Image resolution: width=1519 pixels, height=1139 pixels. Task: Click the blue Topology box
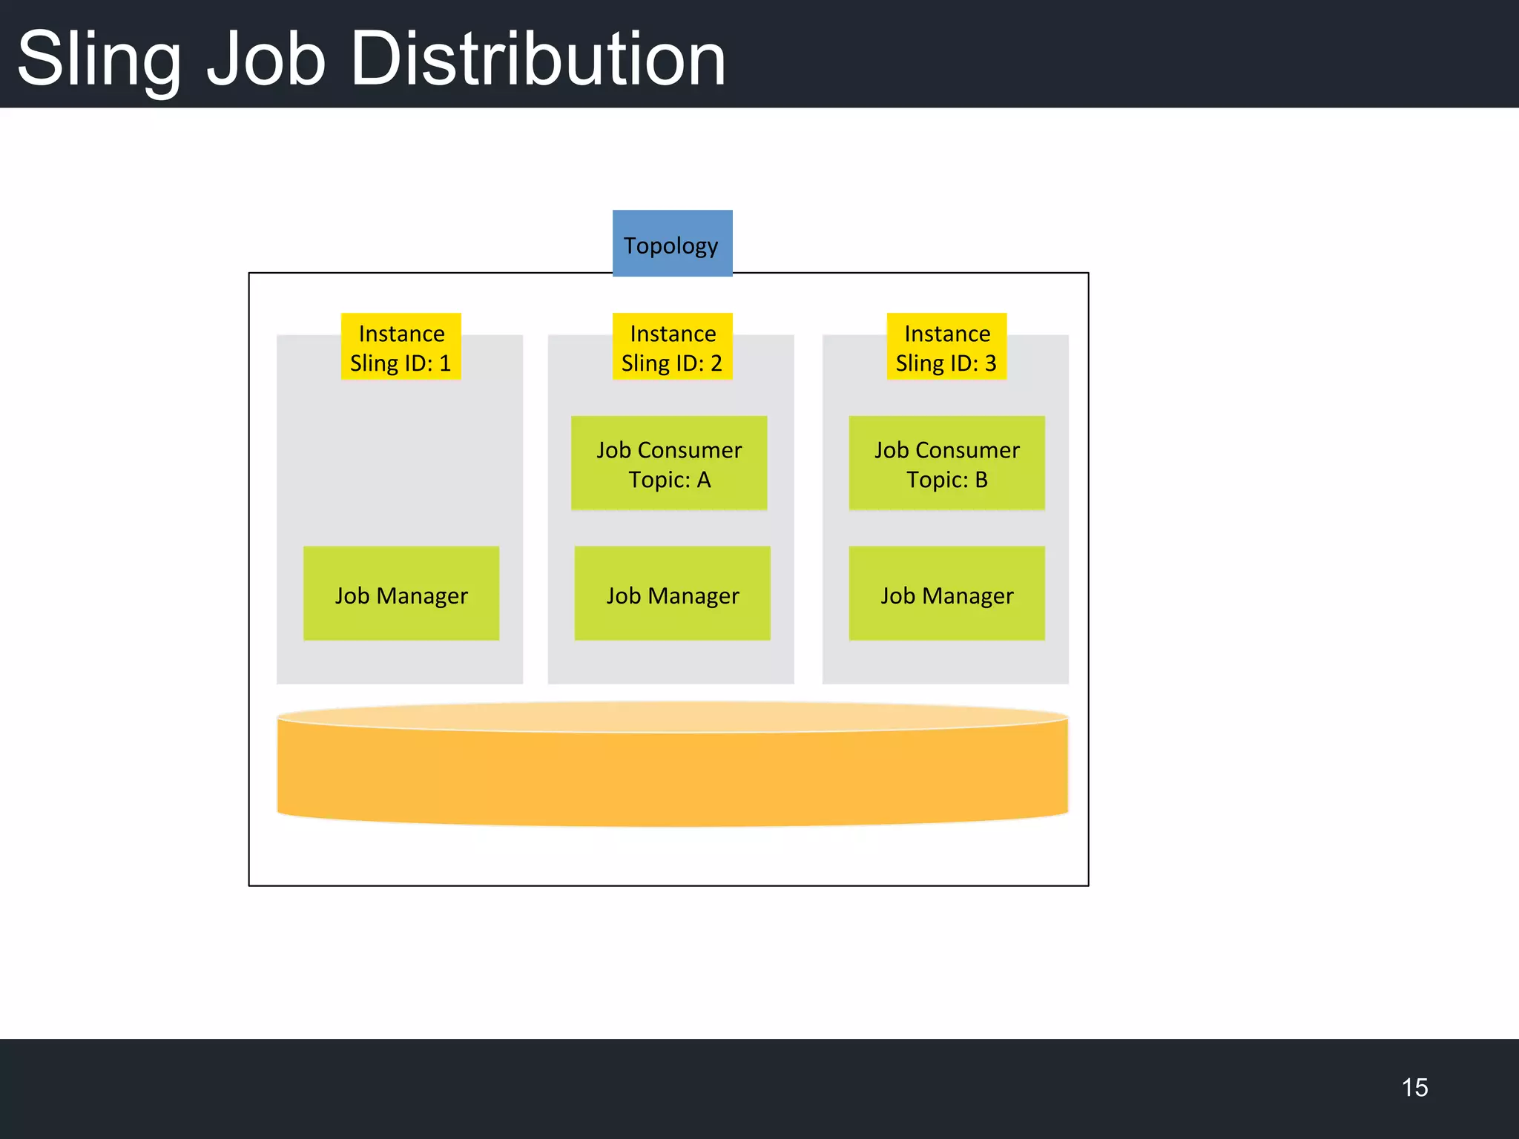(672, 243)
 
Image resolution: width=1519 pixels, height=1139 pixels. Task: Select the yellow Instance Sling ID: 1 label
(401, 346)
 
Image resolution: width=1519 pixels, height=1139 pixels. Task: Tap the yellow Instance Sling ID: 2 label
(672, 346)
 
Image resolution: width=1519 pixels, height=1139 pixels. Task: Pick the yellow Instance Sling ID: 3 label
(946, 346)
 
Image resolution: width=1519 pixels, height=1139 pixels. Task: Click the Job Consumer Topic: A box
(669, 463)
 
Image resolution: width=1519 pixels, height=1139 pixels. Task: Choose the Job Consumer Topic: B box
(946, 463)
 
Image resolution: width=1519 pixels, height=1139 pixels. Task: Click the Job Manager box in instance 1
(401, 593)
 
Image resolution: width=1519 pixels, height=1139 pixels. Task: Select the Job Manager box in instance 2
(672, 593)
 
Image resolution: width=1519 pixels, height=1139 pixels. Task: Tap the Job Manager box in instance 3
(946, 593)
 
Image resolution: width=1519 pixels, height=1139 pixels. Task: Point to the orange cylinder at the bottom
(672, 771)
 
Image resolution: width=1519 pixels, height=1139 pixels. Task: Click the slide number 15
(1414, 1088)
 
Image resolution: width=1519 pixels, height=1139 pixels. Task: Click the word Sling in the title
(99, 59)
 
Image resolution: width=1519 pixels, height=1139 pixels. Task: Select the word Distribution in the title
(538, 59)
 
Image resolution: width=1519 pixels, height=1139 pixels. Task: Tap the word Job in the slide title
(266, 59)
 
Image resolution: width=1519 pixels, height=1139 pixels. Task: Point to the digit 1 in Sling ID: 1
(445, 363)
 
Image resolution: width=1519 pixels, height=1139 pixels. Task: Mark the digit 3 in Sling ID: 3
(990, 363)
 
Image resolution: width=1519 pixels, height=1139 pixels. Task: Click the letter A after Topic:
(703, 481)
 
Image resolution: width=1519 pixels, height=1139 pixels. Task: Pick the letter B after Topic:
(981, 481)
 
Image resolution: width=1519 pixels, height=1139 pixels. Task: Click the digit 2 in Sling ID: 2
(716, 363)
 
